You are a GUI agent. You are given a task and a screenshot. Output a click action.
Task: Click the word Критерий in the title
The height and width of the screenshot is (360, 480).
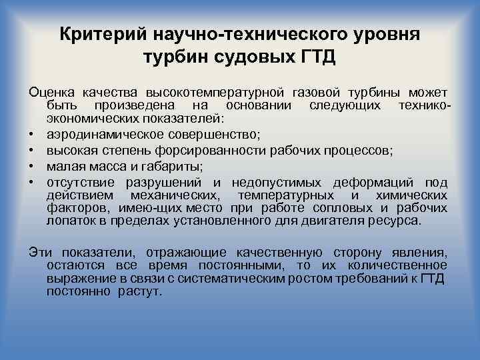click(x=103, y=34)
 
